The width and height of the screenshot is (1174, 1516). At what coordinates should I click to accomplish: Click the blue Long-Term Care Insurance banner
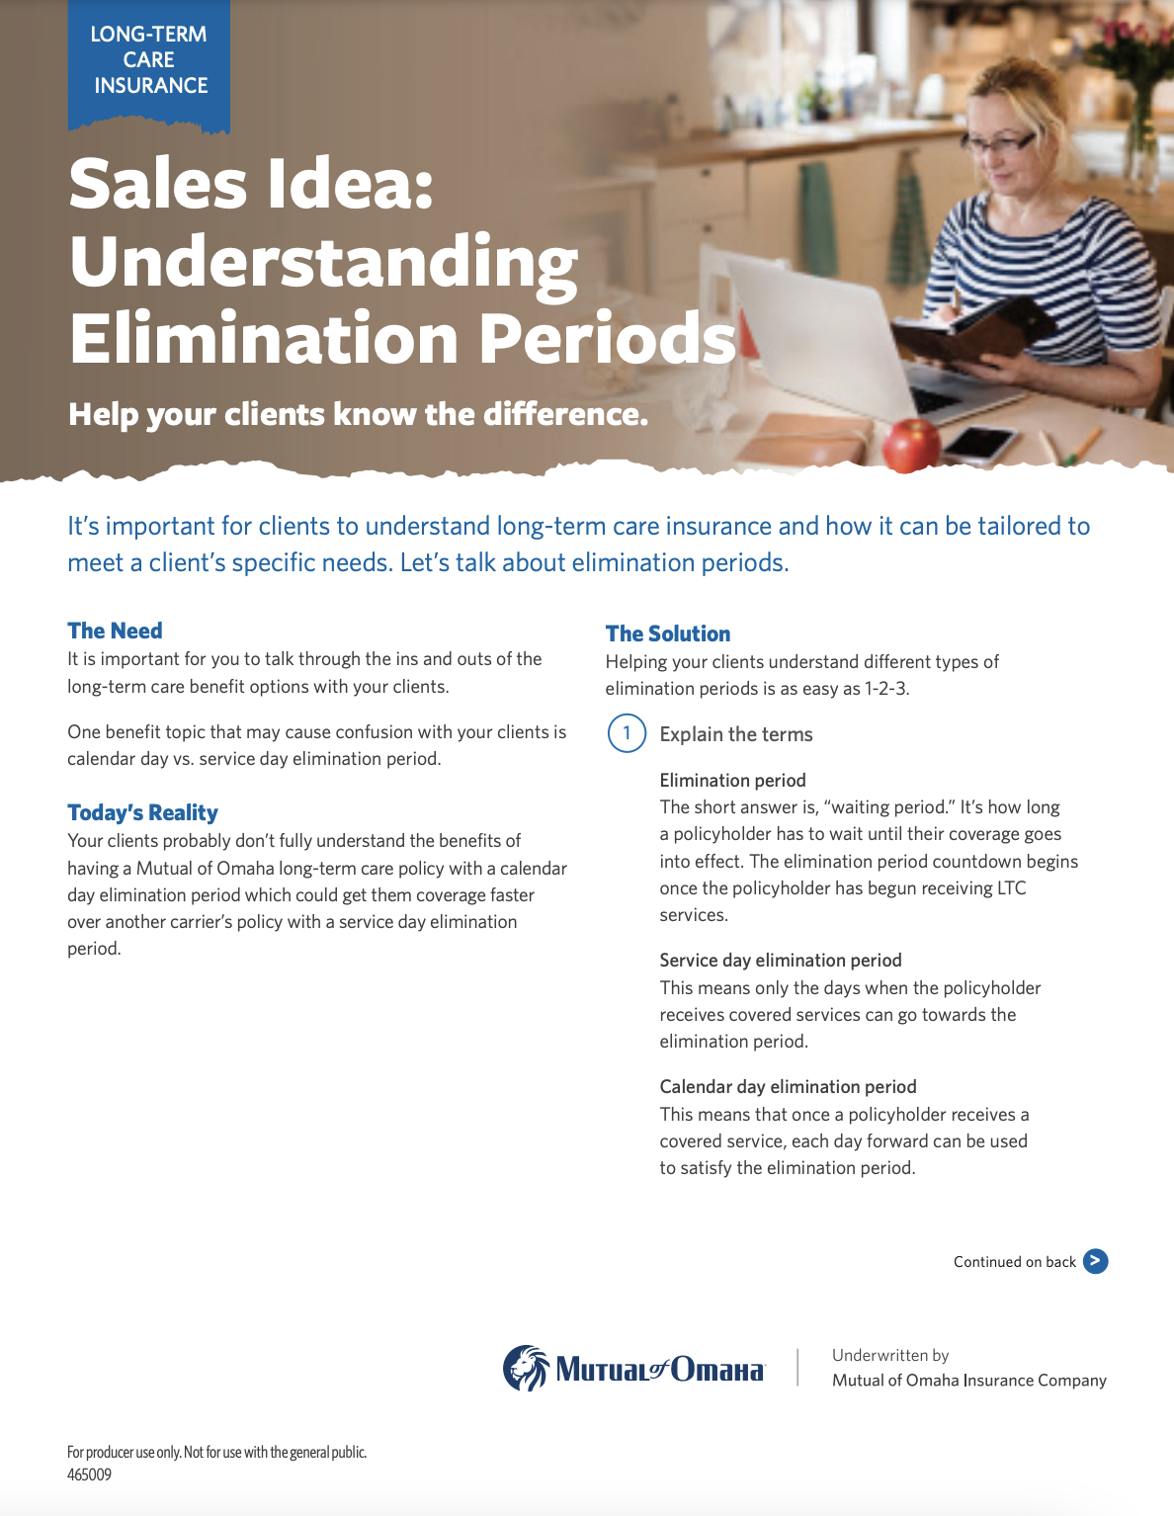(148, 65)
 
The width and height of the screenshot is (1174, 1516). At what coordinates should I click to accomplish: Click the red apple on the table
(911, 445)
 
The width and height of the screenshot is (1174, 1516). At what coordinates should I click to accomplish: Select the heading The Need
(115, 631)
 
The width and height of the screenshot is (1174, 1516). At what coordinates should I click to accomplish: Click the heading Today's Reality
(143, 812)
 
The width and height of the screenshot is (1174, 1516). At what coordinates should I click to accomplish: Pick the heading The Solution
(668, 633)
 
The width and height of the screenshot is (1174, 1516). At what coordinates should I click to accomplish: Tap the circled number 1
(627, 733)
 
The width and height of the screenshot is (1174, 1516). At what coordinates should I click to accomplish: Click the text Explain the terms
(736, 734)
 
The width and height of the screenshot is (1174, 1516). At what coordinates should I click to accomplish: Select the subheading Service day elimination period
(781, 960)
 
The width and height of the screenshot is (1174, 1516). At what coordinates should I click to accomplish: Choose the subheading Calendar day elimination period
(789, 1086)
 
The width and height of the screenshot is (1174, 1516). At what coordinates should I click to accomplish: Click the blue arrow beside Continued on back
(1095, 1261)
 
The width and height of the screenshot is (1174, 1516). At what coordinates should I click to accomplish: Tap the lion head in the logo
(526, 1368)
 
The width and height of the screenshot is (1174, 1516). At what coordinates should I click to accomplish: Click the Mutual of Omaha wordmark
(660, 1370)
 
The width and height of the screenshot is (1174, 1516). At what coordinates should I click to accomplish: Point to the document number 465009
(89, 1474)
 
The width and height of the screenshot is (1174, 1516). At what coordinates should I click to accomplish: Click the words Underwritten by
(890, 1355)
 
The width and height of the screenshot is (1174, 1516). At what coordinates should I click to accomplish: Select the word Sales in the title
(158, 183)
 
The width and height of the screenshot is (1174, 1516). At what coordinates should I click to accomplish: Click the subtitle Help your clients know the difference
(359, 414)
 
